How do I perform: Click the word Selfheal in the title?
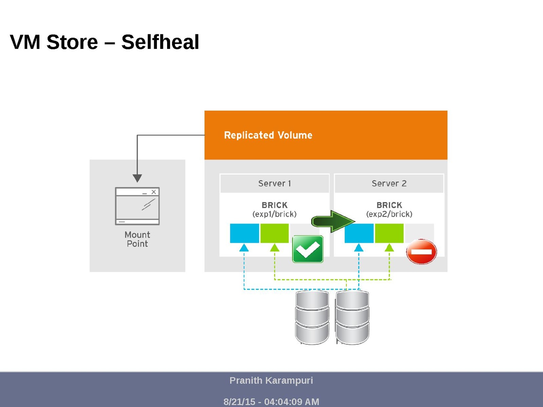point(160,42)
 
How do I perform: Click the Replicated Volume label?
point(268,135)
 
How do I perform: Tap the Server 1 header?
point(274,184)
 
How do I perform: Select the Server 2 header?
point(389,184)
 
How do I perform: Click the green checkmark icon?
point(308,249)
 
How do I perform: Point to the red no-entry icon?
point(421,252)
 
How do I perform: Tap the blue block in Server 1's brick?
point(245,233)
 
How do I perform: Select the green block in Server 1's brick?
point(274,233)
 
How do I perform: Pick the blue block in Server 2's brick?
point(359,233)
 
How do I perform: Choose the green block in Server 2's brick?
point(389,233)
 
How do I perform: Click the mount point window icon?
point(137,206)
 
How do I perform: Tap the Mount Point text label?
point(137,239)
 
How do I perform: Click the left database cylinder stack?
point(312,317)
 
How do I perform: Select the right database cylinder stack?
point(352,317)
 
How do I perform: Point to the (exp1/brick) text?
point(274,214)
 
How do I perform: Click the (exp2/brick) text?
point(389,214)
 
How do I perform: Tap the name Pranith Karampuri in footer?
point(271,381)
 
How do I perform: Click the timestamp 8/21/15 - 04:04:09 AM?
point(271,402)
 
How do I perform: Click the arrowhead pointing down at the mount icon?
point(137,178)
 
